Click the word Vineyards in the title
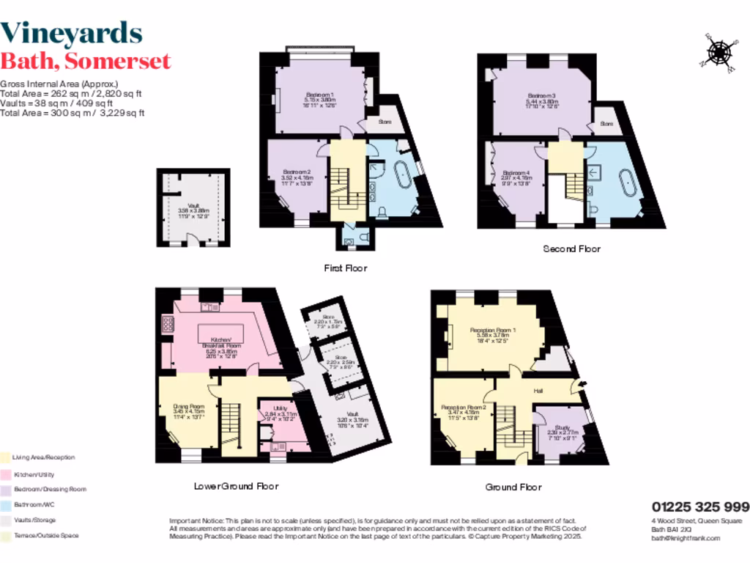coord(71,32)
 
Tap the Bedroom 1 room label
coord(319,95)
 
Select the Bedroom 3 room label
coord(543,96)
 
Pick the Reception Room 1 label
coord(492,331)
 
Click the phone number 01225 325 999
coord(700,507)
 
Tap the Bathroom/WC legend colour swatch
coord(5,504)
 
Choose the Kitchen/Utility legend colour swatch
coord(5,474)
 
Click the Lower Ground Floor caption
coord(236,486)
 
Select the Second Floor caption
coord(571,249)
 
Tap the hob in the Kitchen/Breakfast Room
coord(168,323)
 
